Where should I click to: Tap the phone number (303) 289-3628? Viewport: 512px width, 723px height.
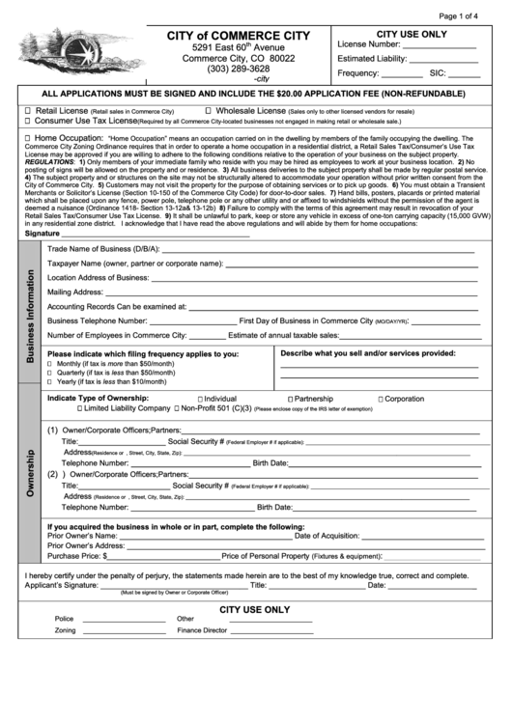[238, 69]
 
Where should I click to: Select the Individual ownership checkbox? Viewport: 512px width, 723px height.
[199, 399]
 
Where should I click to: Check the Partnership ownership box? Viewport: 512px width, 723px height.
[289, 399]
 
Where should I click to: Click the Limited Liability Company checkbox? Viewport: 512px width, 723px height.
[79, 408]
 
